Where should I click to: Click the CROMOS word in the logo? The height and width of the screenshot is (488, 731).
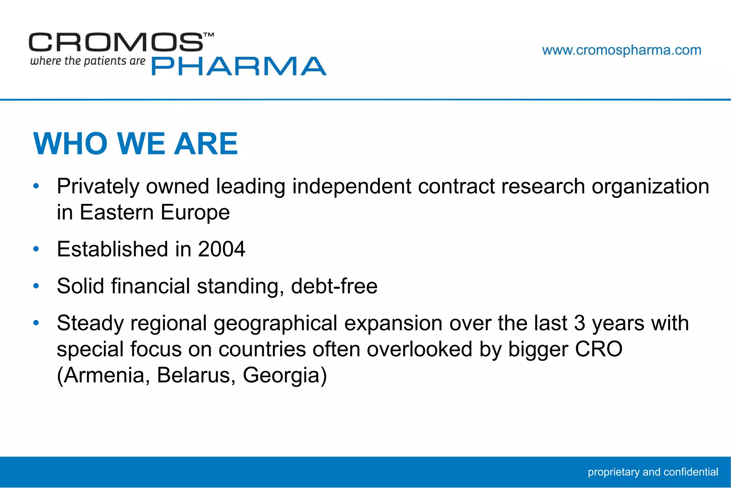[x=116, y=42]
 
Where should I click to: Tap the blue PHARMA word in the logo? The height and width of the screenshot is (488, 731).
[x=239, y=66]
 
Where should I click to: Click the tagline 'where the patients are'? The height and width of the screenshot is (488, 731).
[x=88, y=61]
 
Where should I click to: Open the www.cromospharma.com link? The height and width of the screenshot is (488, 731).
[x=621, y=50]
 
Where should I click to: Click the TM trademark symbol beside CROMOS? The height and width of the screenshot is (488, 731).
[x=209, y=35]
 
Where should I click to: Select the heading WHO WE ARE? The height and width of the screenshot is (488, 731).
[x=135, y=144]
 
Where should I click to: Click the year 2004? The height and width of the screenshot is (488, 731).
[x=222, y=249]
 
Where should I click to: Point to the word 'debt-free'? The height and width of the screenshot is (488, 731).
[x=334, y=286]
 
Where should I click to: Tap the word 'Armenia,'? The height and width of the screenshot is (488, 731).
[x=104, y=375]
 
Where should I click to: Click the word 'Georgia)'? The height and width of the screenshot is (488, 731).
[x=285, y=375]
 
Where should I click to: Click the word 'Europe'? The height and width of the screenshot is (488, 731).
[x=195, y=212]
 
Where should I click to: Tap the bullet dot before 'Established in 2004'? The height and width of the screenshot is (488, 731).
[x=36, y=249]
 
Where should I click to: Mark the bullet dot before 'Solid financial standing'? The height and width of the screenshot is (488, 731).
[x=36, y=286]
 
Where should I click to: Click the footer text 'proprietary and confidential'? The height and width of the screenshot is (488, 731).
[x=653, y=472]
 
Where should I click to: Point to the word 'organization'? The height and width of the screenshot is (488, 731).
[x=650, y=186]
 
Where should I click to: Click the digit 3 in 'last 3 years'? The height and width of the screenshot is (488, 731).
[x=579, y=323]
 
